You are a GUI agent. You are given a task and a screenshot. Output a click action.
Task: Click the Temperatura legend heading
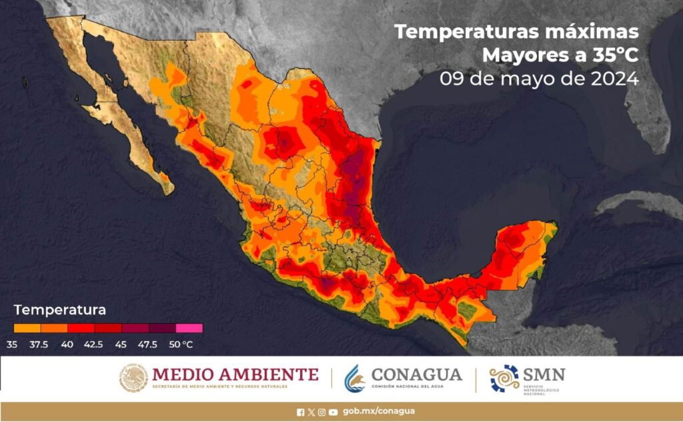[60, 310]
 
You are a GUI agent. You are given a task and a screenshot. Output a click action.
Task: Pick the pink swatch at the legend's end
[189, 328]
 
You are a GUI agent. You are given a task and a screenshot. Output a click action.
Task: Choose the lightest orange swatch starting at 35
[27, 328]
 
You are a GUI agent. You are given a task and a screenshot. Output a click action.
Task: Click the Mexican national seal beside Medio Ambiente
[133, 378]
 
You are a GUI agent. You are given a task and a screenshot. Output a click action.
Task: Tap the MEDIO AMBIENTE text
[235, 374]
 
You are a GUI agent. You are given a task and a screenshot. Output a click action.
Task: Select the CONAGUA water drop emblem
[355, 378]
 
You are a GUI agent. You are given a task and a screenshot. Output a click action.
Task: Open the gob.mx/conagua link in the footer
[378, 411]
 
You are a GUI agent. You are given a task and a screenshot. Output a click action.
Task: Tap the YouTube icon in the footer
[333, 412]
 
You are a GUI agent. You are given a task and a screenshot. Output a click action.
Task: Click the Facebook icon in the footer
[300, 412]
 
